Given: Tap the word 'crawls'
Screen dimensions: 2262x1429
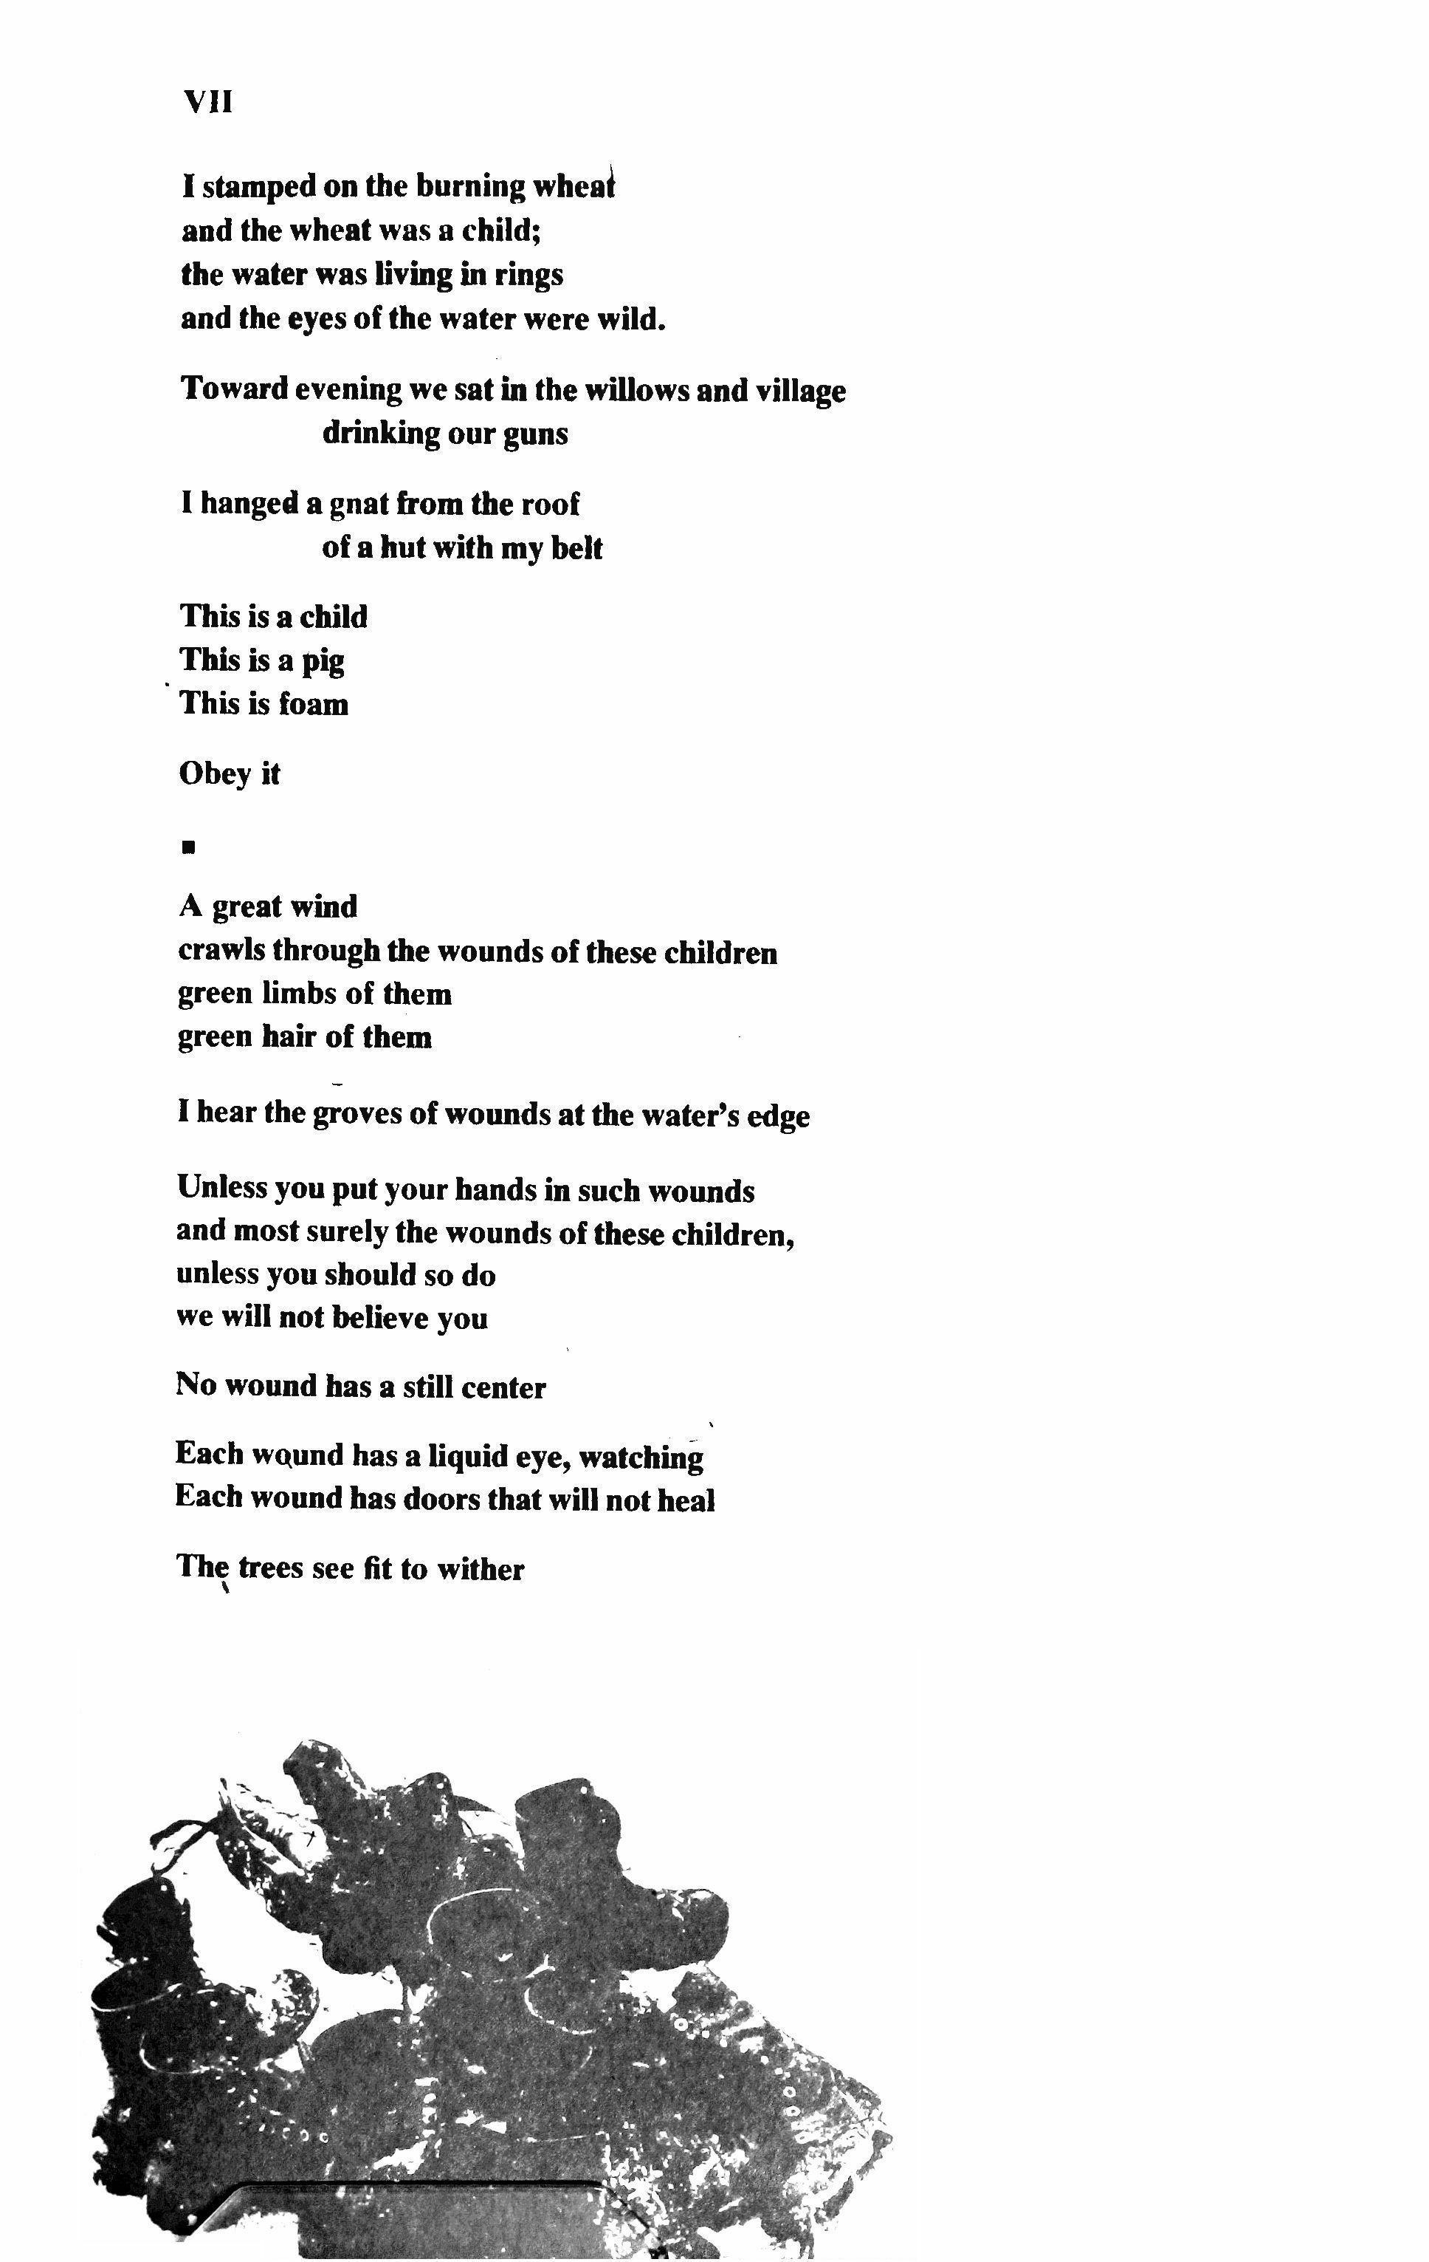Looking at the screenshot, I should tap(221, 951).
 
